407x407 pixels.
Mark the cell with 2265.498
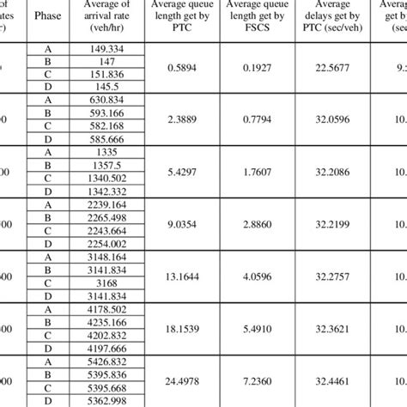(x=106, y=228)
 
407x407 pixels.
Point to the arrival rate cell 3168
(x=106, y=285)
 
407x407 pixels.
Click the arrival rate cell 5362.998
(x=106, y=401)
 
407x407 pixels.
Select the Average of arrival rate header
(x=106, y=15)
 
